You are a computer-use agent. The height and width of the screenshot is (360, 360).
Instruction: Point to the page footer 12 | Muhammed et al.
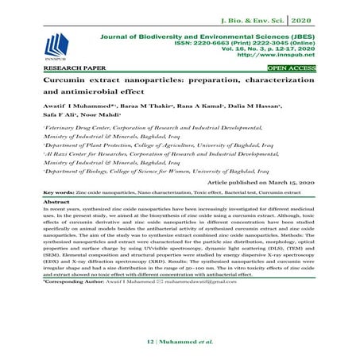click(180, 343)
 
